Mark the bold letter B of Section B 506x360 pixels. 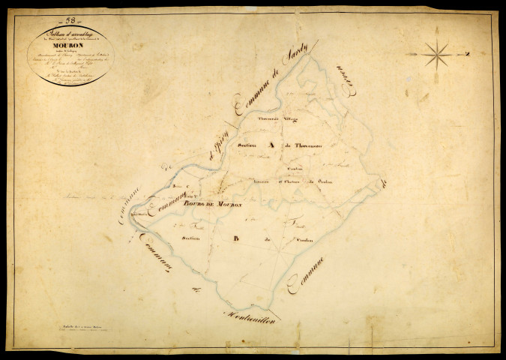click(235, 239)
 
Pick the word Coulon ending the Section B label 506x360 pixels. click(301, 241)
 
